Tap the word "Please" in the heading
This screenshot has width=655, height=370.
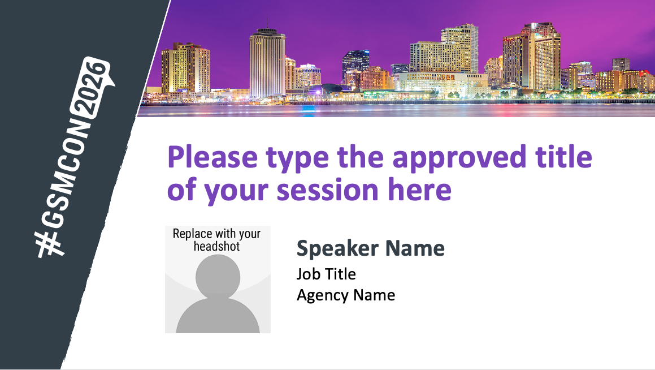point(212,157)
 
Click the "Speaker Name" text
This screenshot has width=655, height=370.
point(371,248)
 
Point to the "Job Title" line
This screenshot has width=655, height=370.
point(326,274)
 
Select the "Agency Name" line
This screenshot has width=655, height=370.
point(346,295)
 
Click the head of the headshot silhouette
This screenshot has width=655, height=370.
point(218,276)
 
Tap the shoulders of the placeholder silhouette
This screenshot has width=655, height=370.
point(218,316)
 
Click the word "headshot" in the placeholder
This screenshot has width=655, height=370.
point(217,246)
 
